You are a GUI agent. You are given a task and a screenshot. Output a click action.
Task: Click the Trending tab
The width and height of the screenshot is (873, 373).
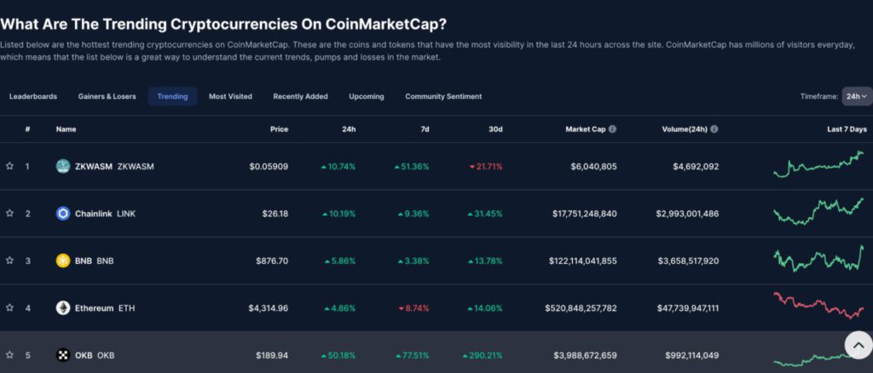[172, 96]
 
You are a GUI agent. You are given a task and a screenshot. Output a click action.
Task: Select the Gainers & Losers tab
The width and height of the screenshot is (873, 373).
[107, 96]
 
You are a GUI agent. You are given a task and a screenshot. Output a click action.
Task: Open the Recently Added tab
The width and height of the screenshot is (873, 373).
[300, 96]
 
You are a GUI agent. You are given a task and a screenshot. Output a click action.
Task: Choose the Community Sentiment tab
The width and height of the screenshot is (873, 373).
[443, 96]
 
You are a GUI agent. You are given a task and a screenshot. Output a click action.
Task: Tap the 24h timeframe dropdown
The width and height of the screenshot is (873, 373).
[856, 96]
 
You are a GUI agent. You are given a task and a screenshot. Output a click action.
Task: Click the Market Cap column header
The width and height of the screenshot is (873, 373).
[585, 129]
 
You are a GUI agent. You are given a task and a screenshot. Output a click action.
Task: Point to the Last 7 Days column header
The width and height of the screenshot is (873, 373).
[846, 129]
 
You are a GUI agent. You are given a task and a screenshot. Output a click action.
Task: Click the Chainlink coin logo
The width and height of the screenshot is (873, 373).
[62, 213]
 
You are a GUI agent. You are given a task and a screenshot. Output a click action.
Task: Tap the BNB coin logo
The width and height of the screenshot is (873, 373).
[62, 261]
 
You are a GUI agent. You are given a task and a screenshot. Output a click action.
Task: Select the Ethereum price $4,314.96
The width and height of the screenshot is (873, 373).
[268, 307]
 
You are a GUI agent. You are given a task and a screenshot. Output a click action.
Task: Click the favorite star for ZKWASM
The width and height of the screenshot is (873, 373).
[9, 166]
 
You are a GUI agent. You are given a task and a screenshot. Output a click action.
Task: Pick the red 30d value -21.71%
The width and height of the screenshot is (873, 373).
[486, 166]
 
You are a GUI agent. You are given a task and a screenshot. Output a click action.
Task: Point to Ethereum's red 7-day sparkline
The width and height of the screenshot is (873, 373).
[818, 305]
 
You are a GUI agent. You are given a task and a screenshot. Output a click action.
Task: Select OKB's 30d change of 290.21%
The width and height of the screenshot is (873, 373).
[483, 355]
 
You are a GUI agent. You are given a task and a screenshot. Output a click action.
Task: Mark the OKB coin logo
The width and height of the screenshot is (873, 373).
[62, 355]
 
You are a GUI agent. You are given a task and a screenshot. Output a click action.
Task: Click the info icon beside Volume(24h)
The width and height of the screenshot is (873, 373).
[714, 129]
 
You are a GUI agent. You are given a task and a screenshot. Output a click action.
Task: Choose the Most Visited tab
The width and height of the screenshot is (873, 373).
[230, 96]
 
